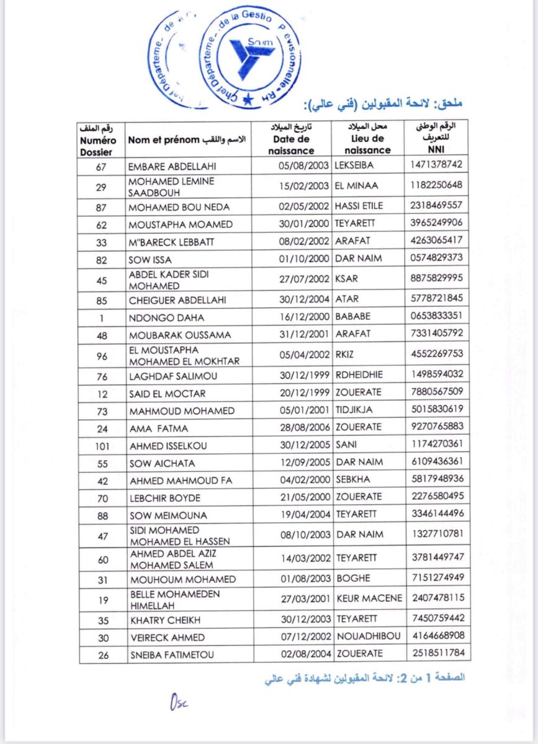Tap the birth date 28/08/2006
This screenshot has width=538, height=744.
click(303, 428)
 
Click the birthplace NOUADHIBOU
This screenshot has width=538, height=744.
click(369, 636)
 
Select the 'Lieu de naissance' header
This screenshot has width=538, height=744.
click(367, 139)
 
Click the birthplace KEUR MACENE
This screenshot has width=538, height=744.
click(369, 598)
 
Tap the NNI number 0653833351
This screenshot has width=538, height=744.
click(436, 316)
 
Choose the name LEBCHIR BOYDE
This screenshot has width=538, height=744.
click(165, 498)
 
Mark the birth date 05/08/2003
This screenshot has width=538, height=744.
click(303, 166)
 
